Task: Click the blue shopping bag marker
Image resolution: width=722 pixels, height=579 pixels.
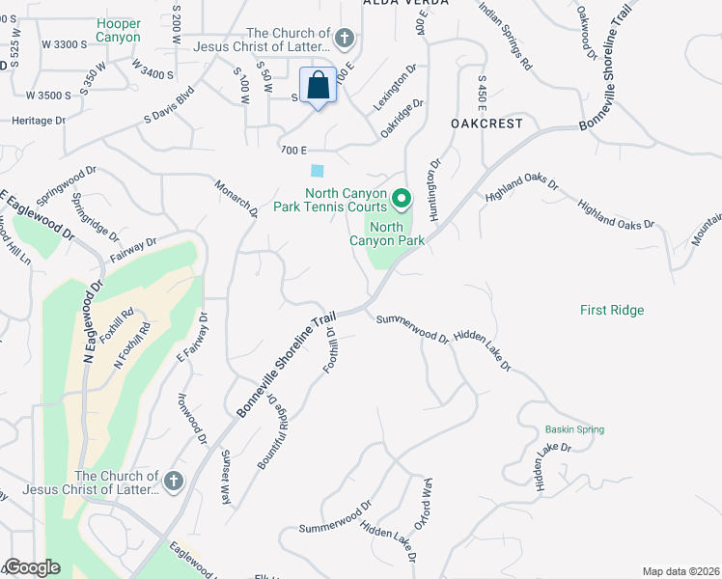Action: [x=317, y=87]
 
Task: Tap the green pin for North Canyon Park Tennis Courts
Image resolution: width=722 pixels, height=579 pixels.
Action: [x=402, y=200]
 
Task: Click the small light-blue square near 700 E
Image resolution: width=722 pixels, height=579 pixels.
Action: [x=318, y=171]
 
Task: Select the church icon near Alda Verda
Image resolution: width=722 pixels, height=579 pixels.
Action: [x=344, y=40]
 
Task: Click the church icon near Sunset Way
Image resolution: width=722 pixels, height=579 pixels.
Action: [x=174, y=482]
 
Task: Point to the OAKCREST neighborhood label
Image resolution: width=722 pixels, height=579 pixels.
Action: [x=486, y=124]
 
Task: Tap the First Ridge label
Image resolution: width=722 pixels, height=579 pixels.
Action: [x=612, y=310]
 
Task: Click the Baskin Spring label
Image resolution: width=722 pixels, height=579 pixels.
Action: [x=574, y=429]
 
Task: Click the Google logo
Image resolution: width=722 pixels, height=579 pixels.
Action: [x=33, y=567]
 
